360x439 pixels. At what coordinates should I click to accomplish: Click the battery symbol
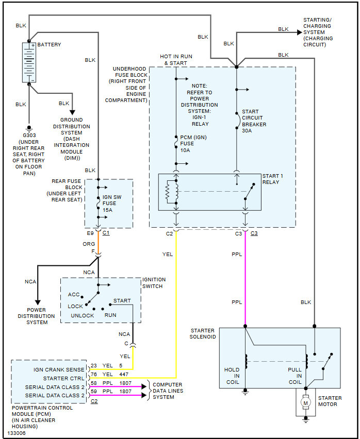29,62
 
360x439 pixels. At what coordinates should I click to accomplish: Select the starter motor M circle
306,402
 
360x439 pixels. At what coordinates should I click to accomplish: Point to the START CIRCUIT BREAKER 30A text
254,121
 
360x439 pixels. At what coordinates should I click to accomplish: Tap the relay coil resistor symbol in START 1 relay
167,192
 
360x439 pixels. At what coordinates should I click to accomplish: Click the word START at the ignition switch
122,300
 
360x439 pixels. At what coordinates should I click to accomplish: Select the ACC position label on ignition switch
74,295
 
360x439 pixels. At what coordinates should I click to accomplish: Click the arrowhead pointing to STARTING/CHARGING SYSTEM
299,32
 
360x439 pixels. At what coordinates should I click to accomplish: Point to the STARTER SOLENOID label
203,333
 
